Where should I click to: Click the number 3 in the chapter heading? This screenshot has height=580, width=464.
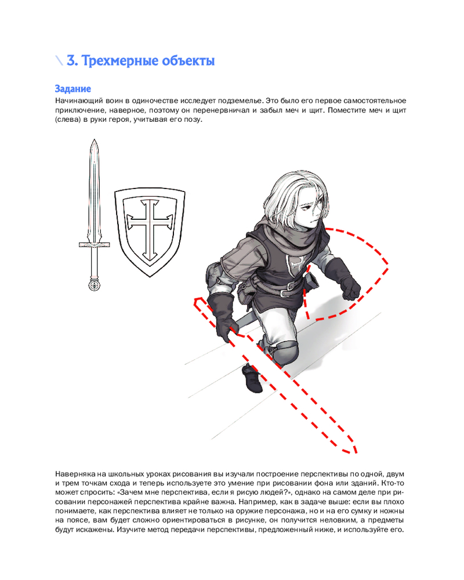pos(71,60)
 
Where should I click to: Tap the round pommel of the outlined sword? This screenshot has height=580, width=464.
pos(93,284)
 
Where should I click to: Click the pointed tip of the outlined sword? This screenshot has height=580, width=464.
pos(93,142)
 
